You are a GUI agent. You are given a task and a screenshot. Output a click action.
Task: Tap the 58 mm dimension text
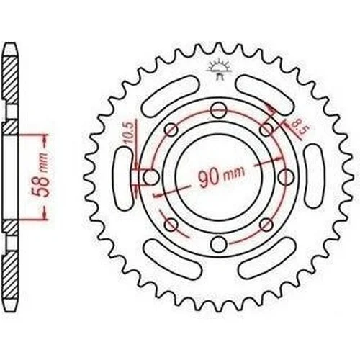41,175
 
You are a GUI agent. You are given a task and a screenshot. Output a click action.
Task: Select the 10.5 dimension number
129,132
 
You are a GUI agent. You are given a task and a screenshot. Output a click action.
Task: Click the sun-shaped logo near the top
219,69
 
